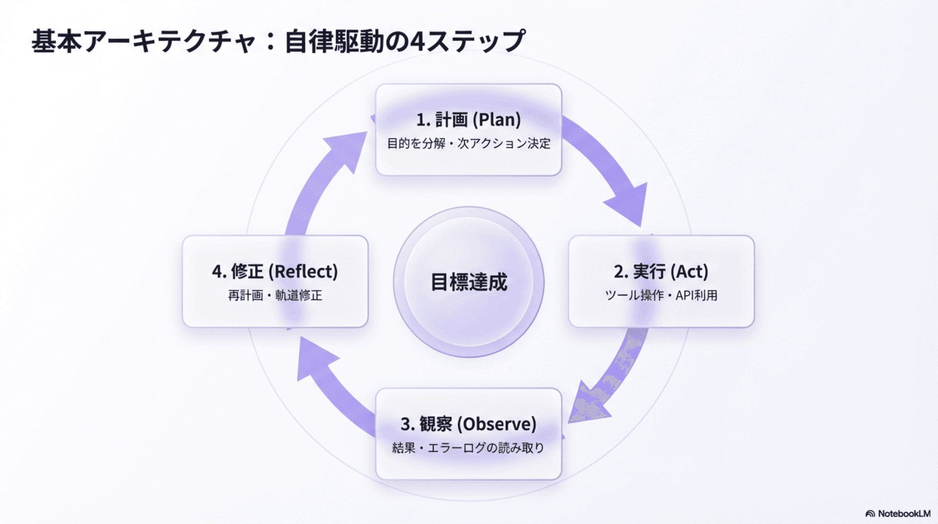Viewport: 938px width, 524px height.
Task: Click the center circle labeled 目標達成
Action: click(469, 282)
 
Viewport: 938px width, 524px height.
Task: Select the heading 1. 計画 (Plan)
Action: click(469, 120)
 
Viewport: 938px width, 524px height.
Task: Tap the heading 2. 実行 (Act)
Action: click(661, 271)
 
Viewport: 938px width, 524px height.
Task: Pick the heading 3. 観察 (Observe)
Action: click(469, 424)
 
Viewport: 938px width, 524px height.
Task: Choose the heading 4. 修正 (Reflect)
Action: click(275, 271)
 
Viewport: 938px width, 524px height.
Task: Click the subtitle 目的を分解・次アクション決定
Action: click(469, 144)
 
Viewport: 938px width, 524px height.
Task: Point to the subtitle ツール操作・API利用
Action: click(661, 295)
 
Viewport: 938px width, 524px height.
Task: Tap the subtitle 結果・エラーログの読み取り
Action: click(468, 448)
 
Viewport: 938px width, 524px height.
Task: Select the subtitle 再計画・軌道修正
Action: click(275, 295)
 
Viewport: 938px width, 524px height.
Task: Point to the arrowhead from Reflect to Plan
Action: click(346, 147)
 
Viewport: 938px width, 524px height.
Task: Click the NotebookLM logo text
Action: click(903, 514)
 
